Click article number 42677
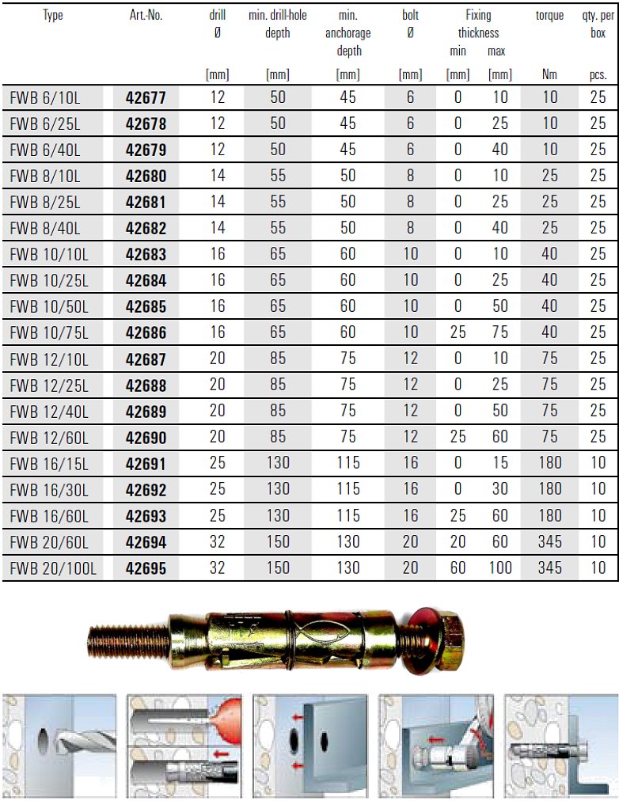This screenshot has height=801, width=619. pos(146,98)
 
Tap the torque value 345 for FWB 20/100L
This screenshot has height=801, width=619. pos(549,568)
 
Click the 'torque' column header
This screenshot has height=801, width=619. pos(549,16)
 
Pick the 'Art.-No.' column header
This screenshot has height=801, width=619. pos(146,16)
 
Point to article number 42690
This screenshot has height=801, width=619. pos(146,437)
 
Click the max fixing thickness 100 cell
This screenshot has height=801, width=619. pos(499,568)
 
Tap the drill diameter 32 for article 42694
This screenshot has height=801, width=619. pos(218,541)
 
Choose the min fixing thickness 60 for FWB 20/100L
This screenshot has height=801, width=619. pos(458,568)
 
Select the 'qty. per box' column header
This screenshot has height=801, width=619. pos(598,25)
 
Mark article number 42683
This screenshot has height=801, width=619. pos(146,255)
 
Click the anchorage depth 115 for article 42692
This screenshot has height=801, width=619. pos(347,489)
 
